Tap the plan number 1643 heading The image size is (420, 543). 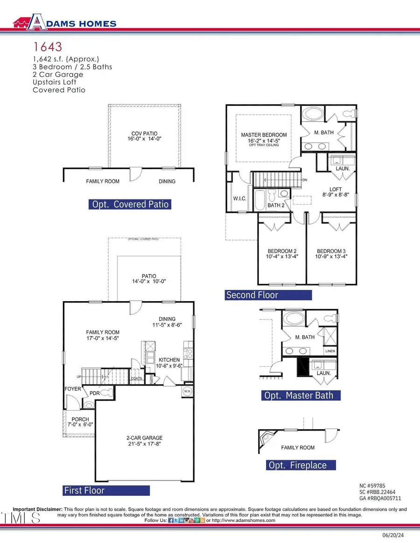coord(47,47)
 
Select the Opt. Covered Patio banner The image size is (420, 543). coord(129,204)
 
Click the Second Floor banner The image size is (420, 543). coord(268,295)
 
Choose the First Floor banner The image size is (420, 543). coord(106,490)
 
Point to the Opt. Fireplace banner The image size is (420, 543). coord(301,465)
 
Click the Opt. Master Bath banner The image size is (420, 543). coord(301,395)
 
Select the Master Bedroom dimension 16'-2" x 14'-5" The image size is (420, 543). coord(264,140)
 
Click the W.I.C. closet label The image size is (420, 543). coord(239,199)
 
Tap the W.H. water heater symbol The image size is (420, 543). coord(187,391)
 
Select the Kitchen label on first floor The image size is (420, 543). coord(169,360)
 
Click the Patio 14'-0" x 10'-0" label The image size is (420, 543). coord(149,279)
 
